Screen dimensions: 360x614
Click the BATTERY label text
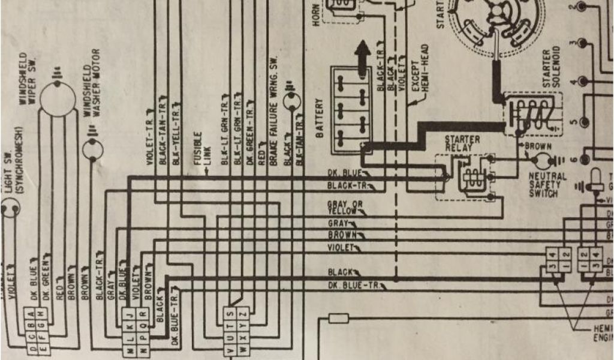[x=320, y=119]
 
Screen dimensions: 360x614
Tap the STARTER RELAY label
[x=462, y=143]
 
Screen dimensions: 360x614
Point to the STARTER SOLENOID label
[x=550, y=65]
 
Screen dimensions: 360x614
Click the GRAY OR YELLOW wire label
[x=345, y=208]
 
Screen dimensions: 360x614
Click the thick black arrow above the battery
[x=362, y=56]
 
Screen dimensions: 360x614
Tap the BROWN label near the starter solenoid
[x=538, y=145]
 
